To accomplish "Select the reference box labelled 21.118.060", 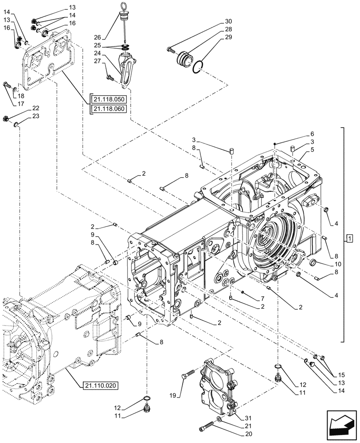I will (109, 109).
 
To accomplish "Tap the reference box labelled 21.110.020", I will (100, 385).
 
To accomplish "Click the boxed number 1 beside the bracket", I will (350, 240).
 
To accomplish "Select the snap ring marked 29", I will (199, 65).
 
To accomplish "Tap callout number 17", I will (20, 104).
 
